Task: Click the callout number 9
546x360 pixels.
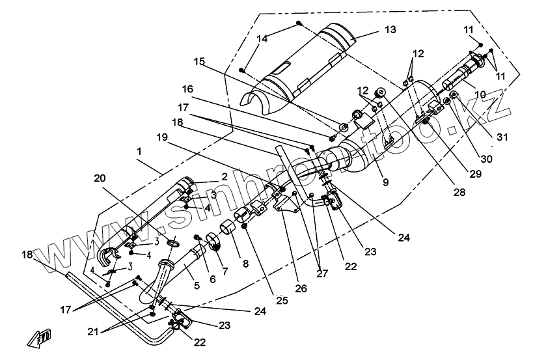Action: click(x=385, y=183)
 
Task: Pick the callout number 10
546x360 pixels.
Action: click(x=480, y=95)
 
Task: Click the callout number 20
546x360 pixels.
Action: click(x=99, y=178)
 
